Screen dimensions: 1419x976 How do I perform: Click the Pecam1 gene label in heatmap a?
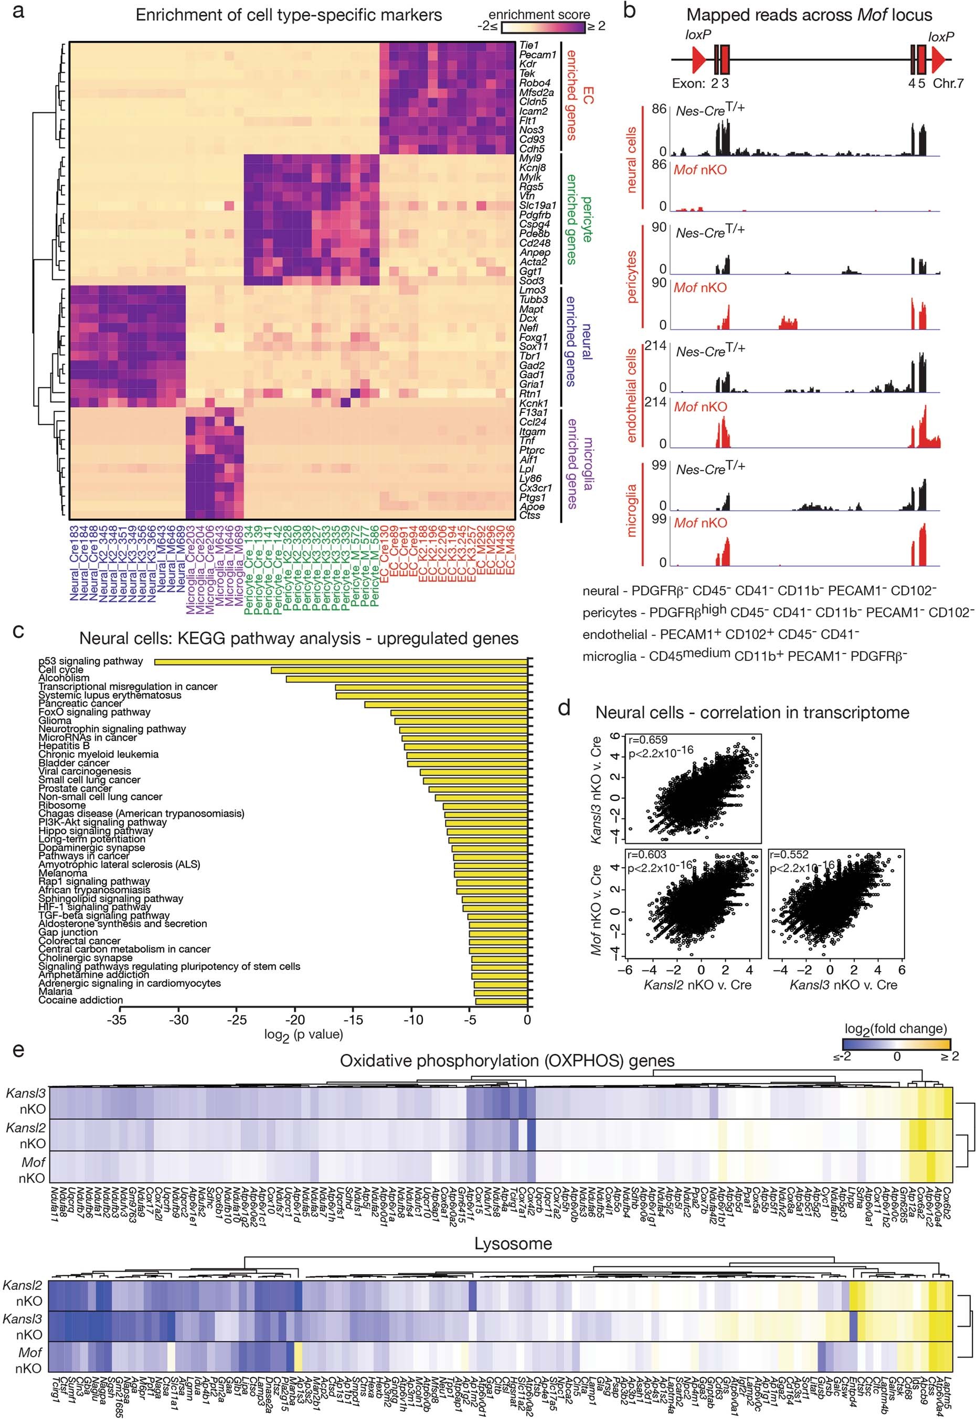pos(537,55)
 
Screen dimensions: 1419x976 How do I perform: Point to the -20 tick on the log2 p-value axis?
pos(295,1019)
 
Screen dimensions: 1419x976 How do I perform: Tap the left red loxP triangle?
pos(698,59)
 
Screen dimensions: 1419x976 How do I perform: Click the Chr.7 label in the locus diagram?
pos(948,83)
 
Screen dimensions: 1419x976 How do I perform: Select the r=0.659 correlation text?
pos(646,739)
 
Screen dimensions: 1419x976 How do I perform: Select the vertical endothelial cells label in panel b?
pos(632,395)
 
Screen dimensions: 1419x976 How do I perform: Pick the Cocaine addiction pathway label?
pos(81,1000)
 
